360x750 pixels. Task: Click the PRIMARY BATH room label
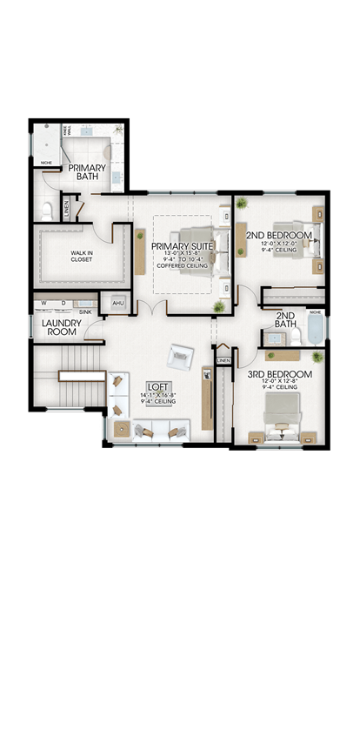point(88,172)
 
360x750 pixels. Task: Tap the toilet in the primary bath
point(49,209)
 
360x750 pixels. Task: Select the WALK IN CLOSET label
point(70,256)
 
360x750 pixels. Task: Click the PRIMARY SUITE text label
point(182,246)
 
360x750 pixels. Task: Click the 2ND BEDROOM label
point(278,236)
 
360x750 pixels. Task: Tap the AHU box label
point(117,304)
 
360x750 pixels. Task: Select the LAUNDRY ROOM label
point(61,327)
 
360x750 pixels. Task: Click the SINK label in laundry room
point(85,311)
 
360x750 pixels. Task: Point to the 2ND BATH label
point(284,320)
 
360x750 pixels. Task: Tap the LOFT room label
point(157,386)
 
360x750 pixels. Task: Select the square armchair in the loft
point(182,355)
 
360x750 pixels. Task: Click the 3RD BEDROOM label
point(279,374)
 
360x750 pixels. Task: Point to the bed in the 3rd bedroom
point(280,413)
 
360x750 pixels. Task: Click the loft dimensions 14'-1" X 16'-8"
point(157,395)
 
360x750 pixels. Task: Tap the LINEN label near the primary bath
point(67,209)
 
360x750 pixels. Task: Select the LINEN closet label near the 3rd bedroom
point(223,359)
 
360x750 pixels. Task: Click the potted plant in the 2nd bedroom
point(242,204)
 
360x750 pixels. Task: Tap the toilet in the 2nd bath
point(294,336)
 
